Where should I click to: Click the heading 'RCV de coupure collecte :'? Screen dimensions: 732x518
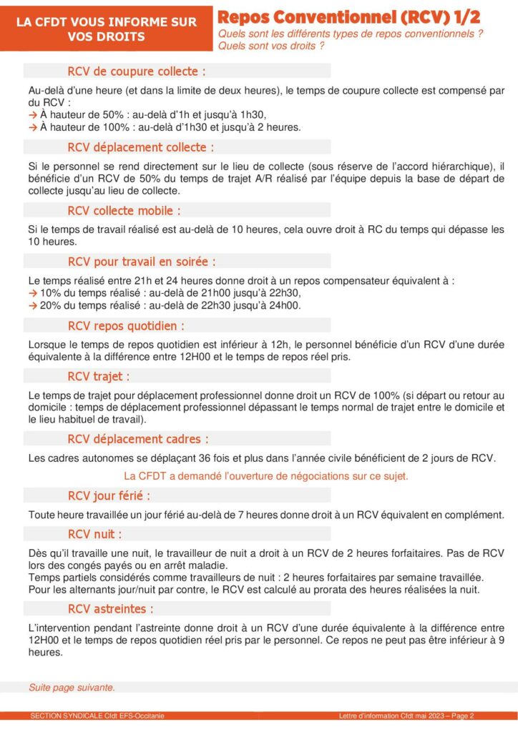coord(137,71)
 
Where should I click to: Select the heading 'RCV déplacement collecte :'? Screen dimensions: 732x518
coord(141,147)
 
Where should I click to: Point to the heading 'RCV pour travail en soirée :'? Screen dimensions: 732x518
coord(142,262)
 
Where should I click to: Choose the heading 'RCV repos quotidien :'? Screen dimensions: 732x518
coord(126,326)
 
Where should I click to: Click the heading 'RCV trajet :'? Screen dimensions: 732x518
coord(99,377)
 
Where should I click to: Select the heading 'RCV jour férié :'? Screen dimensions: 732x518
coord(109,496)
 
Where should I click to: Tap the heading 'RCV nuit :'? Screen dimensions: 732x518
coord(94,534)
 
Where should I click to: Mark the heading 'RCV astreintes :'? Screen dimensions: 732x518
coord(111,609)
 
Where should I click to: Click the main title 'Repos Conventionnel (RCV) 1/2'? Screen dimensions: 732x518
coord(349,17)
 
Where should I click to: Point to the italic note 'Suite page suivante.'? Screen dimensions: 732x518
coord(72,688)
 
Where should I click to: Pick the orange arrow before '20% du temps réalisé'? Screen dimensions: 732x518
coord(32,305)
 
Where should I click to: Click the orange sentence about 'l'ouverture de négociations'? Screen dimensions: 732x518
coord(266,475)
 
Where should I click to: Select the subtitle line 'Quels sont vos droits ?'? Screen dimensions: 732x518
coord(271,46)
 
